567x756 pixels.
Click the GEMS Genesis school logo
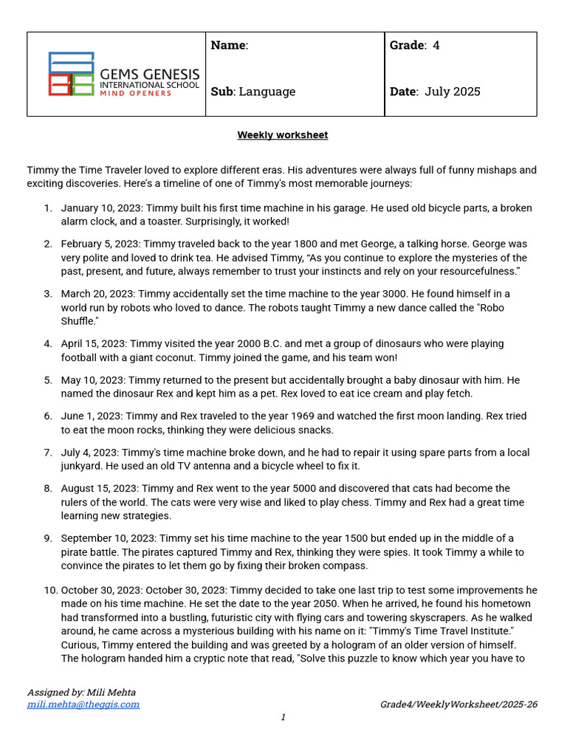coord(123,74)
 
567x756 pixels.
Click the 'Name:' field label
coord(229,45)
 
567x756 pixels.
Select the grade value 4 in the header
coord(436,45)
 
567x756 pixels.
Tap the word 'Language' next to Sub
coord(267,92)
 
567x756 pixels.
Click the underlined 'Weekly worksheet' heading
coord(282,135)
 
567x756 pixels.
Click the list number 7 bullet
coord(47,453)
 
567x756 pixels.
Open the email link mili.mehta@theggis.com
coord(83,704)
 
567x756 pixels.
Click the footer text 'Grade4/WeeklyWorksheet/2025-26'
coord(458,704)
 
